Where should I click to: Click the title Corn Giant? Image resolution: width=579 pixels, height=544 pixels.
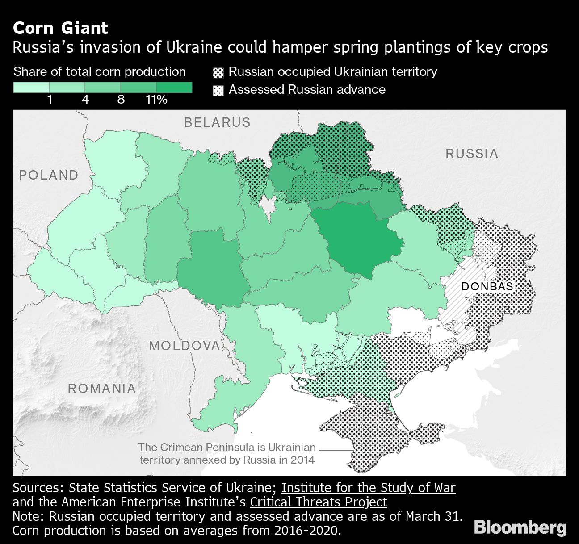(60, 28)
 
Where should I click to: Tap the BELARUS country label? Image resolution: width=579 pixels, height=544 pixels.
(217, 122)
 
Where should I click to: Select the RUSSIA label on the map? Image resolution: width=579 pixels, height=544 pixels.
(472, 154)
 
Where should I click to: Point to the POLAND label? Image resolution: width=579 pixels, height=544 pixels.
(49, 175)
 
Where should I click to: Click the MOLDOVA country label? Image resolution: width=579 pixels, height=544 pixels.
(185, 345)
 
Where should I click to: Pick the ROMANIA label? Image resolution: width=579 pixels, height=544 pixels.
(102, 389)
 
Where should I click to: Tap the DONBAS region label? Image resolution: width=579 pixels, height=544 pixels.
(487, 286)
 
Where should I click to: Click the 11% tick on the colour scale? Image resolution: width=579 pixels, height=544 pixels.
(156, 99)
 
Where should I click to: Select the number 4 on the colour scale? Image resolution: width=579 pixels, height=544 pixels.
(85, 99)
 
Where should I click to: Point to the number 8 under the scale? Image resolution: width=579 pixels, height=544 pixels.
(121, 99)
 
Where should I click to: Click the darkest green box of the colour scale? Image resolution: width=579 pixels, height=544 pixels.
(174, 88)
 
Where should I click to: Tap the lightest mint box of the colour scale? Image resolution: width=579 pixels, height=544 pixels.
(31, 88)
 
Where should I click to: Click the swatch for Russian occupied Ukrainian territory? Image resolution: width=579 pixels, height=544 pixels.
(218, 72)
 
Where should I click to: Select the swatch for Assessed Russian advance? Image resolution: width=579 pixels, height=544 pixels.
(218, 90)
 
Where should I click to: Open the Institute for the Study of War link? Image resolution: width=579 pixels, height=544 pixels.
(368, 487)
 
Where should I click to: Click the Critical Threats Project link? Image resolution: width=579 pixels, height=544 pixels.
(318, 502)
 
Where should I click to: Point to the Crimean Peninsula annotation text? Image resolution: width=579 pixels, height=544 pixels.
(227, 453)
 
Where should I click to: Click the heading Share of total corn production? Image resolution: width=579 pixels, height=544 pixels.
(100, 71)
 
